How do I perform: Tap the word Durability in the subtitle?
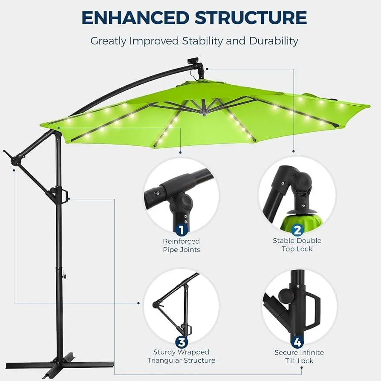274,41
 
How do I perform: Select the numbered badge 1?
181,230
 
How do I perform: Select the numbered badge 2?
297,230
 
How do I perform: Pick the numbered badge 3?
181,342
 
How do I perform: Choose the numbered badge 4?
297,342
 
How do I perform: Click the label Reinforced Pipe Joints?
181,245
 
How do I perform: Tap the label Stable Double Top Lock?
297,245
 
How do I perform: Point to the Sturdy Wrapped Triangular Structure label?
181,356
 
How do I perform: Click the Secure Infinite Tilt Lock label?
299,357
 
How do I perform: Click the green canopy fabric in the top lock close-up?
298,222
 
